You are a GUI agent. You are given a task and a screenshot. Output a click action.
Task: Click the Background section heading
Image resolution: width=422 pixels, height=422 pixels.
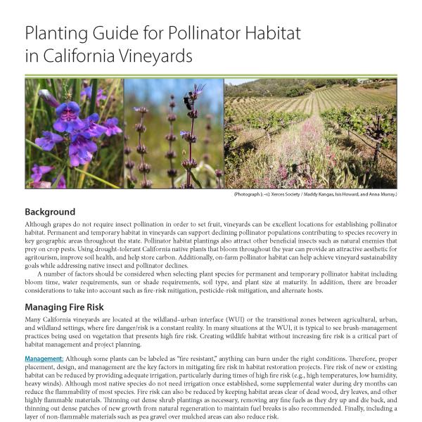pyautogui.click(x=50, y=212)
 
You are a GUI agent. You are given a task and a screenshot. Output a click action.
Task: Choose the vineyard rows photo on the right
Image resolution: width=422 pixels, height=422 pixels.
pyautogui.click(x=310, y=133)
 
